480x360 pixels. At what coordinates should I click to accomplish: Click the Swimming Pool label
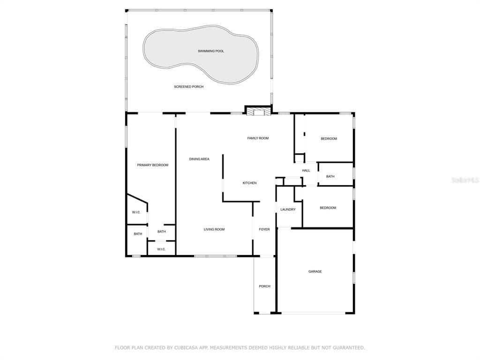(211, 51)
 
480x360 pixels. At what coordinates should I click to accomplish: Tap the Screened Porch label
(188, 87)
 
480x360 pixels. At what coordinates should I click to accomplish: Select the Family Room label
(258, 138)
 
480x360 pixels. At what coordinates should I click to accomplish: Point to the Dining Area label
(199, 159)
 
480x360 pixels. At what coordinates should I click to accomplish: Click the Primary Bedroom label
(152, 165)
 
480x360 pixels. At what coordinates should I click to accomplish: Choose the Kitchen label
(249, 183)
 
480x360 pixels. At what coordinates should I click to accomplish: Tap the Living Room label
(214, 229)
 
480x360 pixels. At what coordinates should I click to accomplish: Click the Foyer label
(264, 229)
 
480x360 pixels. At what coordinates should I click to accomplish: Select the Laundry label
(288, 210)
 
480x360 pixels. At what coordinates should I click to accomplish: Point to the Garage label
(315, 271)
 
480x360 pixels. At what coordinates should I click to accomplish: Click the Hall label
(306, 171)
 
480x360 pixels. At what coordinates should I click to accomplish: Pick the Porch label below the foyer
(264, 286)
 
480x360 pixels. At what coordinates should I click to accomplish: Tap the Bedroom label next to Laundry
(328, 208)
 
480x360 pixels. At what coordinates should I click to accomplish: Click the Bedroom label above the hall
(329, 139)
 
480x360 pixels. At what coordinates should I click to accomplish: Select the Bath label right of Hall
(330, 176)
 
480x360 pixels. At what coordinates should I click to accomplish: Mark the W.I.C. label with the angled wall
(136, 212)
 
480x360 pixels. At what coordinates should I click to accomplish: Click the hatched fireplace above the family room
(259, 112)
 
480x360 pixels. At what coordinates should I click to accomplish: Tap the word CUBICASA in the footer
(187, 347)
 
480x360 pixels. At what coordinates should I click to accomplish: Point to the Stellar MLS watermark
(465, 180)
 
